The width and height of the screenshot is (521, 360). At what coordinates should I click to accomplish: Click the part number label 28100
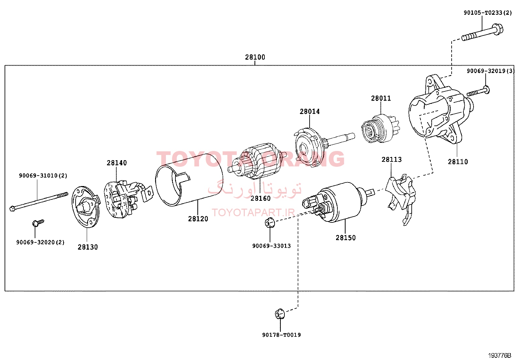[x=255, y=57]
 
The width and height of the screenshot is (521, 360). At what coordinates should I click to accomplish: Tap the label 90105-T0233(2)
[x=488, y=12]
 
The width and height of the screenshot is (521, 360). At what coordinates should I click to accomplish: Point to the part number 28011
[x=381, y=98]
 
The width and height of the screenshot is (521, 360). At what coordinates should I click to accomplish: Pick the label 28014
[x=310, y=112]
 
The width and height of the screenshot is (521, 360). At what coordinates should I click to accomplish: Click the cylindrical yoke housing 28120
[x=189, y=180]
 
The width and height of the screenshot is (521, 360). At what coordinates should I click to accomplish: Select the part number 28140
[x=117, y=163]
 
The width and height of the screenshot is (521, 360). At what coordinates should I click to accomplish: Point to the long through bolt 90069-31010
[x=39, y=201]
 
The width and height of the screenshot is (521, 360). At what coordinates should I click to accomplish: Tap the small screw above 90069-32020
[x=38, y=223]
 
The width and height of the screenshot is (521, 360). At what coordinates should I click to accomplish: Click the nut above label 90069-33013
[x=270, y=222]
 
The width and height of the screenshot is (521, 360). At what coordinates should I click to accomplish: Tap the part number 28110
[x=458, y=161]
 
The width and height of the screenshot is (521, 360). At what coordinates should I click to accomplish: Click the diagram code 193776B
[x=500, y=355]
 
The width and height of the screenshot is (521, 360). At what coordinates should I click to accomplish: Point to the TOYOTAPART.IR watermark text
[x=253, y=212]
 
